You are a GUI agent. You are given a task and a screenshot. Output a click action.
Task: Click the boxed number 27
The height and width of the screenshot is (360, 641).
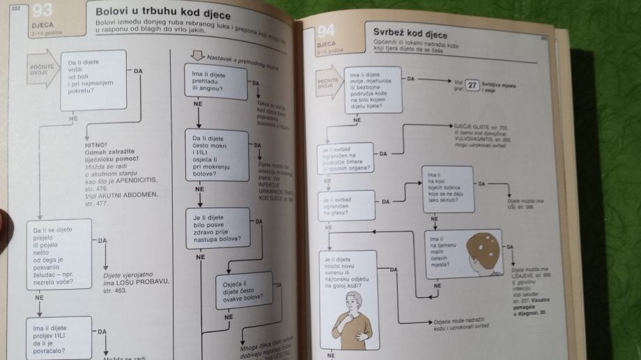click(472, 86)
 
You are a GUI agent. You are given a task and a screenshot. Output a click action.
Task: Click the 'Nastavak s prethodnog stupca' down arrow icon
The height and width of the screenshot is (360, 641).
click(196, 55)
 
